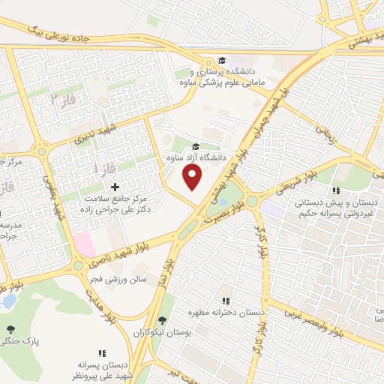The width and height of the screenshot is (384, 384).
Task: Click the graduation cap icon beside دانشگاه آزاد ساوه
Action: pyautogui.click(x=196, y=146)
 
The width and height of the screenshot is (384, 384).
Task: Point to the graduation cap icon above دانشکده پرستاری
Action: pyautogui.click(x=221, y=60)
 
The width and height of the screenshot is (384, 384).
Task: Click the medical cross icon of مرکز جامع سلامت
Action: pyautogui.click(x=115, y=186)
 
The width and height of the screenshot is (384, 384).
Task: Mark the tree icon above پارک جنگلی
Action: pyautogui.click(x=10, y=329)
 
